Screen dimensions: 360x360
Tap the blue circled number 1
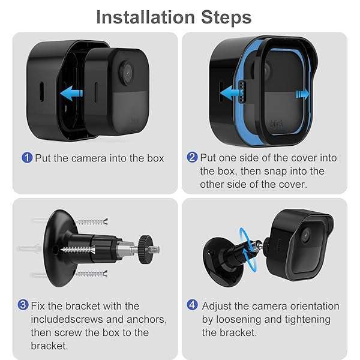coord(26,158)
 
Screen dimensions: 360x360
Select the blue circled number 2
coord(192,158)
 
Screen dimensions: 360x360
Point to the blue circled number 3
coord(23,306)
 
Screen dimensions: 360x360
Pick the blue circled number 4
coord(192,306)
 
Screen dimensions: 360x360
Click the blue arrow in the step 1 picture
coord(71,93)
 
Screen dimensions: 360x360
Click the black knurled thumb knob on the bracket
coord(145,246)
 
